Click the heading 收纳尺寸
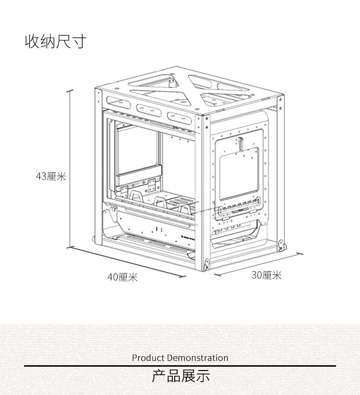[x=55, y=42]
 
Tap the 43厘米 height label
[x=51, y=176]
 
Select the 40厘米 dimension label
[x=122, y=277]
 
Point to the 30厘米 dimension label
[x=266, y=275]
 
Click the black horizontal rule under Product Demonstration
[x=180, y=366]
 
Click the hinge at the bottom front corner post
[x=207, y=263]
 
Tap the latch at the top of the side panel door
[x=240, y=142]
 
